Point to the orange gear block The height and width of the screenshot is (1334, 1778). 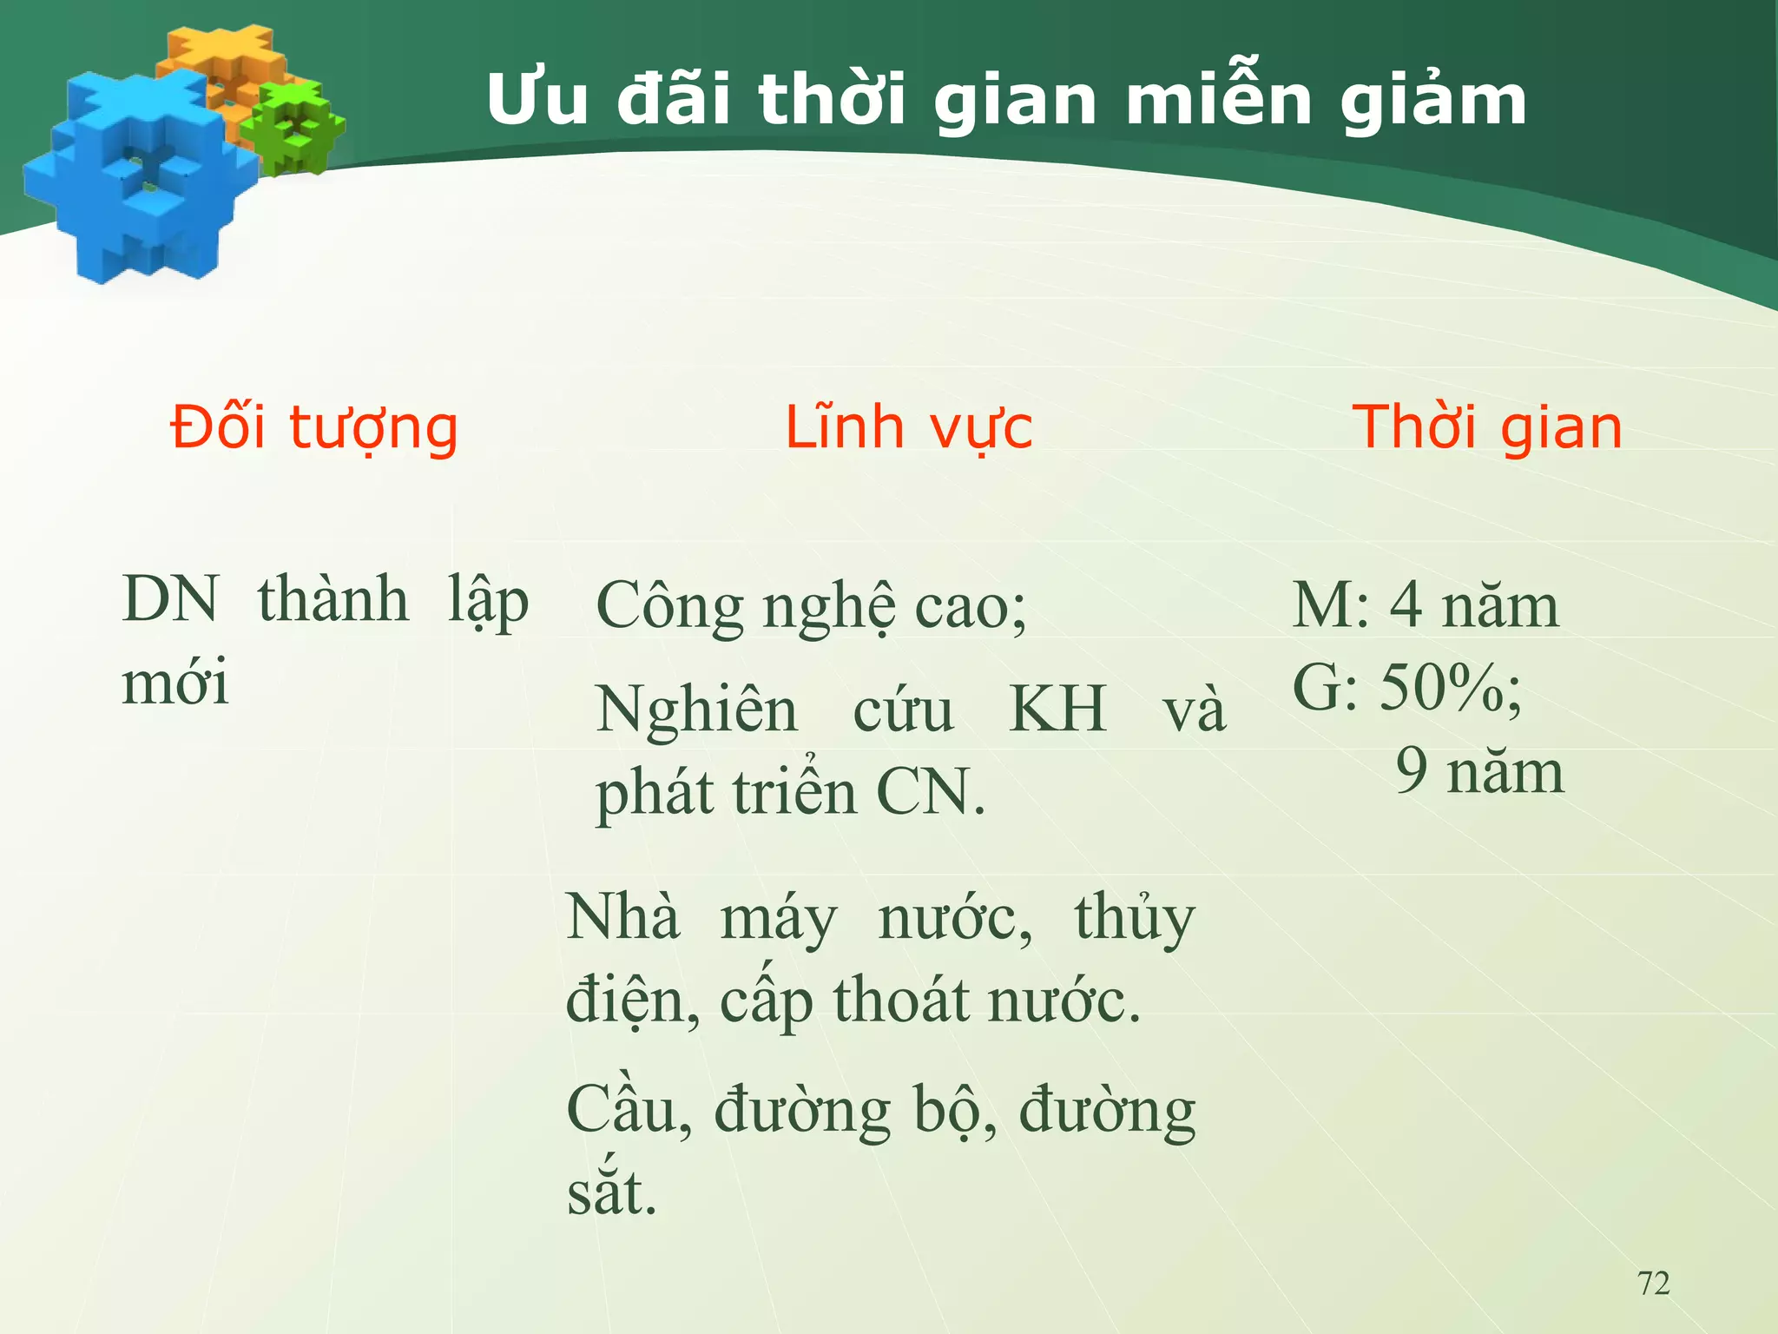tap(221, 61)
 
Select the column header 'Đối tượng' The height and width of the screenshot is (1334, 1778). tap(313, 427)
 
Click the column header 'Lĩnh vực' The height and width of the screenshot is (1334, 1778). tap(908, 427)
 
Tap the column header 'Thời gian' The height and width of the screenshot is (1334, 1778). tap(1486, 427)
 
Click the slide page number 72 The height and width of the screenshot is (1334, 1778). tap(1653, 1283)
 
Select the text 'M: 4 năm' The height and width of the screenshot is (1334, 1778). tap(1426, 605)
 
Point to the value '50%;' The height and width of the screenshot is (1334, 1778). tap(1450, 688)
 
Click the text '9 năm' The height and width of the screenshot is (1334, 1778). tap(1479, 771)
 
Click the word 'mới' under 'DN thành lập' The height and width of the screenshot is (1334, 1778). tap(175, 683)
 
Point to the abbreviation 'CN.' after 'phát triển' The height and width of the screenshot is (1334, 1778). tap(931, 793)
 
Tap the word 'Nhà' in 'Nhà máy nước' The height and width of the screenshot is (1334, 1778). tap(622, 917)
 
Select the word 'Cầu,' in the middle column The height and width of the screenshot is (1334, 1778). tap(629, 1110)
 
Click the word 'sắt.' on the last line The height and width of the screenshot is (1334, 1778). tap(612, 1193)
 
